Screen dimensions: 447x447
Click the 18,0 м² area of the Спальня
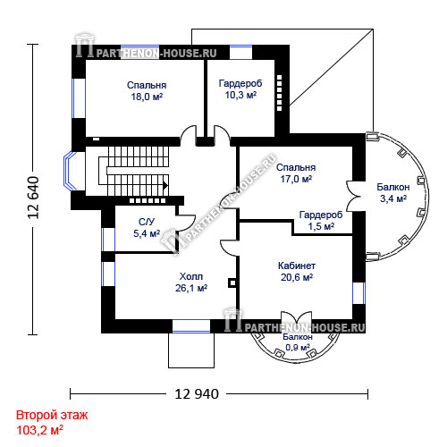tap(147, 97)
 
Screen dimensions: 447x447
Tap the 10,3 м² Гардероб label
tap(240, 89)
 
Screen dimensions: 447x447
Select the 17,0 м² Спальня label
tap(296, 173)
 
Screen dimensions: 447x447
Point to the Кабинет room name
tap(297, 266)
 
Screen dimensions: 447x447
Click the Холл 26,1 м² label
tap(191, 283)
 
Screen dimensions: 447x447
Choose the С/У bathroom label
tap(147, 222)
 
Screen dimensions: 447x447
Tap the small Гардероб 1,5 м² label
tap(321, 221)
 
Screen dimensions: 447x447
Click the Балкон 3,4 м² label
tap(393, 193)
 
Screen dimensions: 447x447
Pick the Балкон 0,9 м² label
tap(298, 342)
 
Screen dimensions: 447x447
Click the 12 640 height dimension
tap(33, 198)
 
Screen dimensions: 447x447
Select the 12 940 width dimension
tap(197, 394)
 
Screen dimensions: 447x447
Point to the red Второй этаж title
tap(52, 415)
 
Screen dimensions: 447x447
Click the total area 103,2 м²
tap(39, 430)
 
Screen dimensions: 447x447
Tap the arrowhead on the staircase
tap(165, 186)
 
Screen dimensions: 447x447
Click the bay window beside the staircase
tap(71, 171)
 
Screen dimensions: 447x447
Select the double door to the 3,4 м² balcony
tap(353, 197)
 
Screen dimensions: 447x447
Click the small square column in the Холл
tap(232, 283)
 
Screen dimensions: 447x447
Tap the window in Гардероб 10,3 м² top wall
tap(240, 53)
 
